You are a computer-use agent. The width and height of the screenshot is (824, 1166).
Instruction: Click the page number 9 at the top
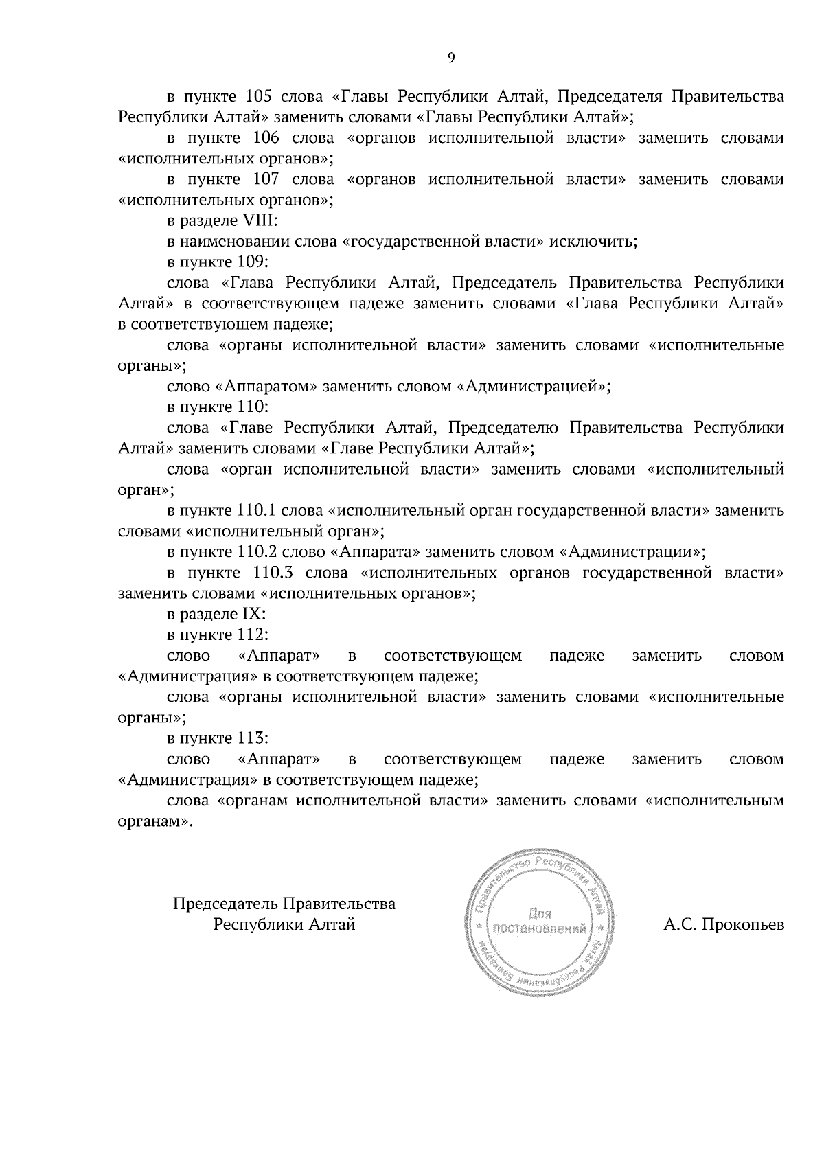tap(451, 58)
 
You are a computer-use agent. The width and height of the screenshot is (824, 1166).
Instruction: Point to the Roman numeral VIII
tap(260, 221)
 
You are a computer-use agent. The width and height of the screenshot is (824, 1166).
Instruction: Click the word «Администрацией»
tap(533, 387)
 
